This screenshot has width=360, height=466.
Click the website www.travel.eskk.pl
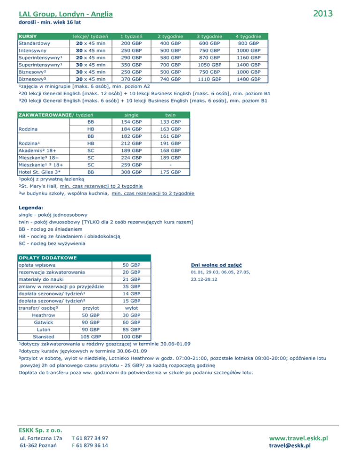click(x=295, y=438)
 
